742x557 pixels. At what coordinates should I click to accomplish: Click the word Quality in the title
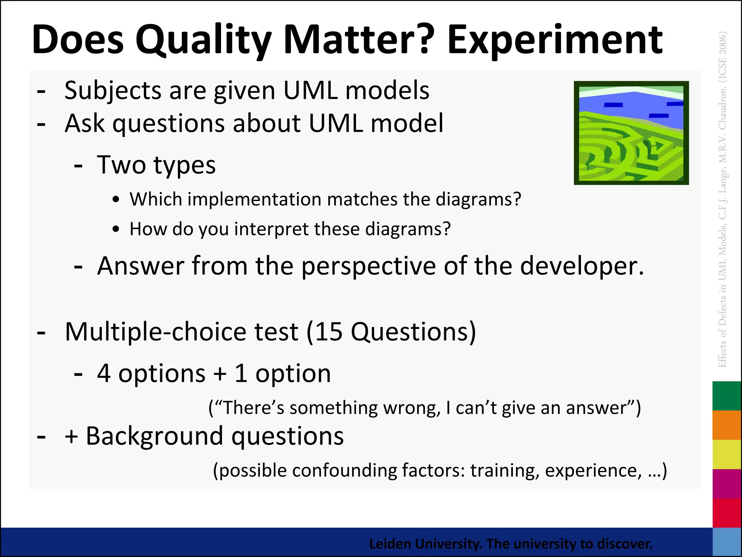pos(203,40)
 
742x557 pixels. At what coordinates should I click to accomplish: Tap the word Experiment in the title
pos(554,40)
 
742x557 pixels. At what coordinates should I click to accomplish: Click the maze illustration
pos(631,133)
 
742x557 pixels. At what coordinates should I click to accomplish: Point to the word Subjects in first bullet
pos(113,91)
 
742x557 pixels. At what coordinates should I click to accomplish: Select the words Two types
pos(156,165)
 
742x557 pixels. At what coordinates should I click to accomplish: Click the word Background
pos(154,436)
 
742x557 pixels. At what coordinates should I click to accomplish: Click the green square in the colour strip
pos(726,396)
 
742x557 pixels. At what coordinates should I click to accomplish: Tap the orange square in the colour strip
pos(726,425)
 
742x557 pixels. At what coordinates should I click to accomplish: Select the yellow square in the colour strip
pos(726,454)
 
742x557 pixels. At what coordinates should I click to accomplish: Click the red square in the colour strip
pos(726,513)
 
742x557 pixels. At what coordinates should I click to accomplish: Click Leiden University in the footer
pos(425,544)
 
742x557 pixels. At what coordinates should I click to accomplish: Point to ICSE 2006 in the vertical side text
pos(722,58)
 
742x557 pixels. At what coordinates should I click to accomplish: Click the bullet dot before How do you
pos(116,229)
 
